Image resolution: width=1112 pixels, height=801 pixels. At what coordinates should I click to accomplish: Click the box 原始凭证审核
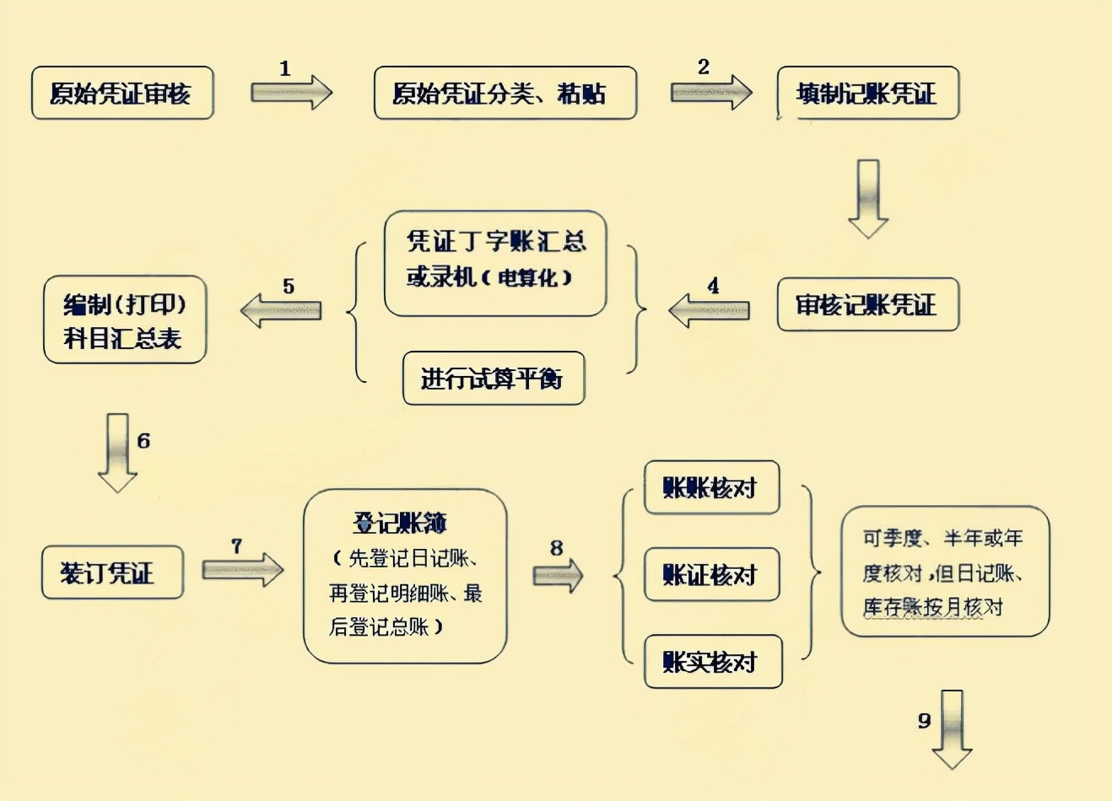(122, 93)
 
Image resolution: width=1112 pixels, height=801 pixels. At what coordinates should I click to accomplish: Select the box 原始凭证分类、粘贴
(505, 93)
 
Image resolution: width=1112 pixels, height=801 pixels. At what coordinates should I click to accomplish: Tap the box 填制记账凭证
(867, 93)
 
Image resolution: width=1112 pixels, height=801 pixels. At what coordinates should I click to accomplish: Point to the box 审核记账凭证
(867, 304)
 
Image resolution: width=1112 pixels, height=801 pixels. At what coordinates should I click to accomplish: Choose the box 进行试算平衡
(494, 379)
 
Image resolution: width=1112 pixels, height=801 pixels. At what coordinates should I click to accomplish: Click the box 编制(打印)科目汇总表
(125, 320)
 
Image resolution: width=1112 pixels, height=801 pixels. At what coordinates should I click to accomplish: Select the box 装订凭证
(112, 573)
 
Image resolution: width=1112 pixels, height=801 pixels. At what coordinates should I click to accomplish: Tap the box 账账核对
(711, 487)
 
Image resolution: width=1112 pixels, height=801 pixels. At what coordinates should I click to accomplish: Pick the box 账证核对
(711, 574)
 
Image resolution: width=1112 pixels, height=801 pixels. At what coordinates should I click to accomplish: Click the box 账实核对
(713, 662)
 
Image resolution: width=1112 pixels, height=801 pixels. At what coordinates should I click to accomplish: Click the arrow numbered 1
(291, 92)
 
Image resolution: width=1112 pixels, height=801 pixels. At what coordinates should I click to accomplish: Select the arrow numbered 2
(710, 92)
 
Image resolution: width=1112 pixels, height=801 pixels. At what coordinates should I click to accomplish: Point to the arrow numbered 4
(709, 310)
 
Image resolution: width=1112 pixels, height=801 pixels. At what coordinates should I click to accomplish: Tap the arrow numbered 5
(281, 310)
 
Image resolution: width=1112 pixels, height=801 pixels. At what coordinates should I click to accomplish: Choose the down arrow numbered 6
(117, 453)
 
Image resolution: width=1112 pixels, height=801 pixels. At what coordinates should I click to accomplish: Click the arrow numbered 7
(242, 570)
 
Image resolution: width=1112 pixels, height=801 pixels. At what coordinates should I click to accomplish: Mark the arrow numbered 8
(558, 575)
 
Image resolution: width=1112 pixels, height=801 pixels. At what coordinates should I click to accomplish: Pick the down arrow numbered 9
(953, 729)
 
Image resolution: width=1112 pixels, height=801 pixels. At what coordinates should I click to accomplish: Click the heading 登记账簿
(400, 523)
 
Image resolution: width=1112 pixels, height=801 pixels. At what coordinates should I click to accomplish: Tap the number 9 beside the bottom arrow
(925, 720)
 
